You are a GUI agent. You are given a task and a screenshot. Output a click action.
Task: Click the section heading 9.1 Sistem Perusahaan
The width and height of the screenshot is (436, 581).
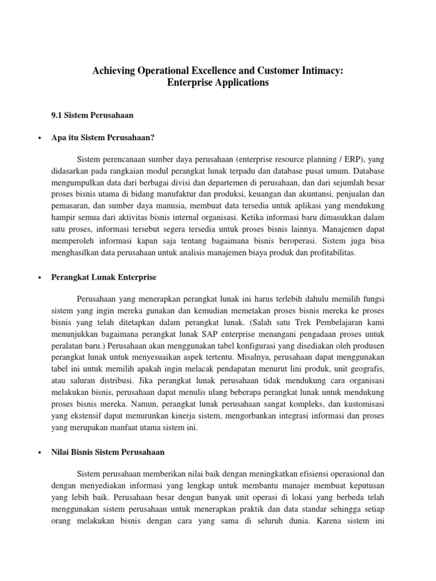[92, 115]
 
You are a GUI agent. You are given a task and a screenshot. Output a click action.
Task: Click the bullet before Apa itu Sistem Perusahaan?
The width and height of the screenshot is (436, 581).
[37, 138]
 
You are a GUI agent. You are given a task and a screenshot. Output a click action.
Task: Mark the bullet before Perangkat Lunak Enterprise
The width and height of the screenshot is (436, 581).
[37, 277]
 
